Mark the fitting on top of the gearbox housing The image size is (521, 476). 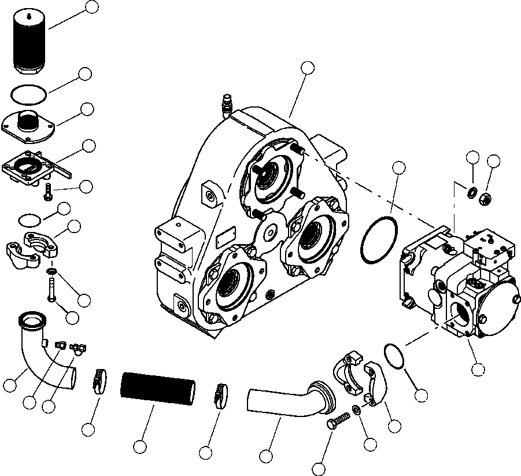226,105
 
